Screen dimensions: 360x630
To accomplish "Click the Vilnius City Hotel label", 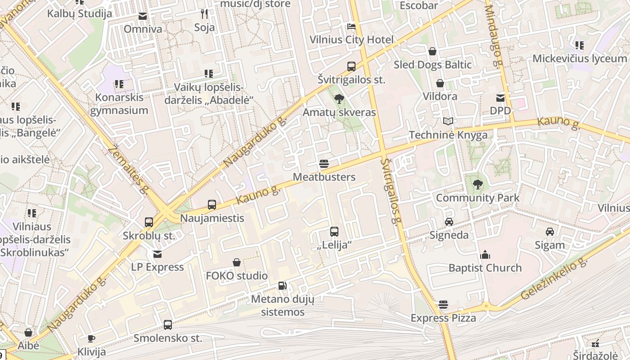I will [351, 40].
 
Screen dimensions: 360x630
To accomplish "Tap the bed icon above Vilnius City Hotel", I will [351, 26].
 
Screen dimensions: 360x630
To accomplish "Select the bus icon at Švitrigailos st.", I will [351, 67].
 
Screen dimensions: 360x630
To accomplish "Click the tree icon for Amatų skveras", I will [339, 99].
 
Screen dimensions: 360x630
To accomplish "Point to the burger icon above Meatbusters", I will [324, 163].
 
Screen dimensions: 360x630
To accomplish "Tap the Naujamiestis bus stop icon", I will [212, 205].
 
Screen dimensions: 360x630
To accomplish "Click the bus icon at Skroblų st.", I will [149, 222].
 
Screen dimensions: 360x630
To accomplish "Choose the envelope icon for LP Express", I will [157, 254].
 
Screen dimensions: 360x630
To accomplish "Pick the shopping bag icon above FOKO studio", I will [237, 262].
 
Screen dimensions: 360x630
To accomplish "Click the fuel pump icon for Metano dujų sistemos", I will [283, 285].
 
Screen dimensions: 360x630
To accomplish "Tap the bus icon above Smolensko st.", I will [168, 324].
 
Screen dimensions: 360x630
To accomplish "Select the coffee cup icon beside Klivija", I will [91, 338].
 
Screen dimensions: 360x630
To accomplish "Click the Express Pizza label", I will [443, 318].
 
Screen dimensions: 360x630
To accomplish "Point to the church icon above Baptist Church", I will [485, 255].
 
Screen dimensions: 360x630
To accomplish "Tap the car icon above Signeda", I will [449, 221].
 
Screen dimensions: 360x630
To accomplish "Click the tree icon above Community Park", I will [477, 184].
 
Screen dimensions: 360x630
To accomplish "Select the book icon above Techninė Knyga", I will [448, 121].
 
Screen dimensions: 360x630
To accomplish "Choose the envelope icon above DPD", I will [500, 98].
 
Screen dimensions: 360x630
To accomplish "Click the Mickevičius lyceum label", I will [580, 58].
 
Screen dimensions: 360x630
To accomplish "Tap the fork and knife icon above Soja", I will [204, 14].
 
